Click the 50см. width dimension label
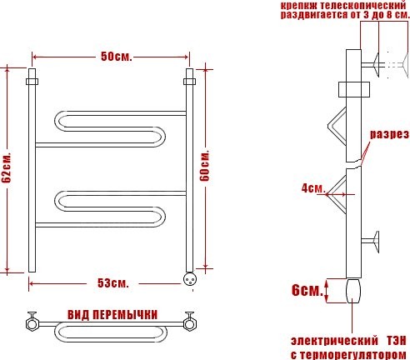pyautogui.click(x=117, y=57)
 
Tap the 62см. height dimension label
pyautogui.click(x=7, y=168)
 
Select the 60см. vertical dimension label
pyautogui.click(x=205, y=166)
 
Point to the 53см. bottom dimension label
pyautogui.click(x=113, y=283)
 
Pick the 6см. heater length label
pyautogui.click(x=307, y=291)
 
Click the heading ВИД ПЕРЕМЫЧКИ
pyautogui.click(x=112, y=315)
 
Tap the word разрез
pyautogui.click(x=389, y=134)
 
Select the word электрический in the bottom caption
pyautogui.click(x=334, y=341)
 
